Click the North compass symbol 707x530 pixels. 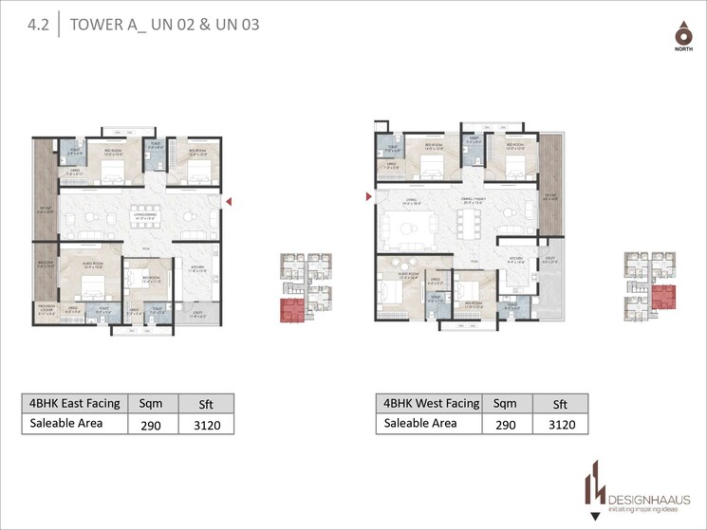click(x=680, y=37)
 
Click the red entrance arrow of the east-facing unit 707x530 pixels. click(x=228, y=200)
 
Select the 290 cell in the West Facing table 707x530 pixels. click(x=505, y=425)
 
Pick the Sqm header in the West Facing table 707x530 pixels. click(x=505, y=403)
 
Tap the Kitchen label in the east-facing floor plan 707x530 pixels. click(x=197, y=269)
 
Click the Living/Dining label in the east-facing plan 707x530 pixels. click(x=142, y=217)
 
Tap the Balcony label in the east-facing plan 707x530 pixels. click(x=46, y=265)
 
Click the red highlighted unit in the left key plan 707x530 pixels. click(x=289, y=310)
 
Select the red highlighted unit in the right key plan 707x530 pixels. click(x=662, y=297)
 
